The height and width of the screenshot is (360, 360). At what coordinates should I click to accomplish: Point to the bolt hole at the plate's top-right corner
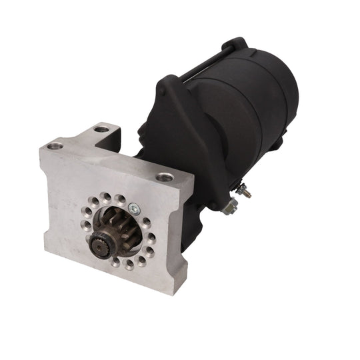163,177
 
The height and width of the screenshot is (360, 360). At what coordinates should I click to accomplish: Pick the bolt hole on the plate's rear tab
101,129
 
